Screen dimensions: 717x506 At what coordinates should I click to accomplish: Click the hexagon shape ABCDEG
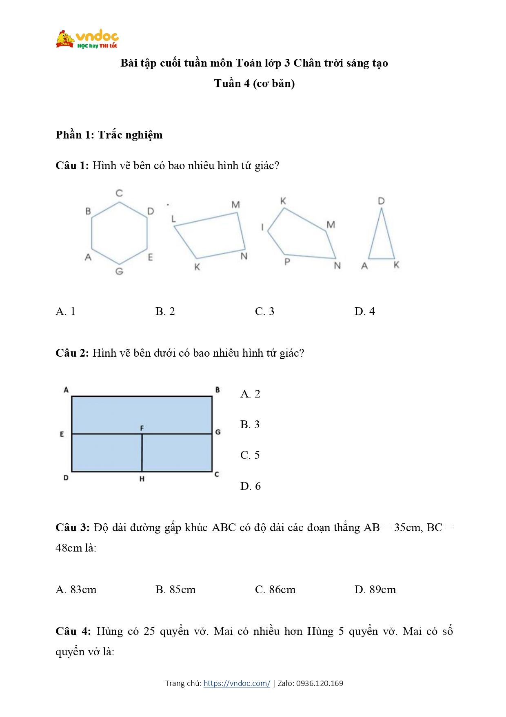[x=119, y=233]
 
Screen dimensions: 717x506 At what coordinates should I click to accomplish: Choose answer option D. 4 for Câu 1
[x=364, y=311]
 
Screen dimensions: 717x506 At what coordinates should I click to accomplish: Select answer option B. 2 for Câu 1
[x=165, y=311]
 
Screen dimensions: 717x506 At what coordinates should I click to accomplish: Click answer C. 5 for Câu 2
[x=250, y=455]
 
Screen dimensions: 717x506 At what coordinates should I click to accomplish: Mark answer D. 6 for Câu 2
[x=250, y=486]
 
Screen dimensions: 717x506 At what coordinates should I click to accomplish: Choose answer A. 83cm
[x=76, y=590]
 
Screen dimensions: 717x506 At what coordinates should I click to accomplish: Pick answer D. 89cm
[x=375, y=590]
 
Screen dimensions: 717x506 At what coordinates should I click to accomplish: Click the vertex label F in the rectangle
[x=142, y=428]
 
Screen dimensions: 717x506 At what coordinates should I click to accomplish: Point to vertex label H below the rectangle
[x=142, y=479]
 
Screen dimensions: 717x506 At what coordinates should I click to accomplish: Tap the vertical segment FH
[x=142, y=453]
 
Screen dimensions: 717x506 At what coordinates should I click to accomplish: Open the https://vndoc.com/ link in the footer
[x=237, y=683]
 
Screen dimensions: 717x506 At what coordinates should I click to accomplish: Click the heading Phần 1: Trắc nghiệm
[x=109, y=135]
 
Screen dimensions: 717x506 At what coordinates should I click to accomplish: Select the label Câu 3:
[x=72, y=527]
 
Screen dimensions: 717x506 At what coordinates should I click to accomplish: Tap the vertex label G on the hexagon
[x=119, y=271]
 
